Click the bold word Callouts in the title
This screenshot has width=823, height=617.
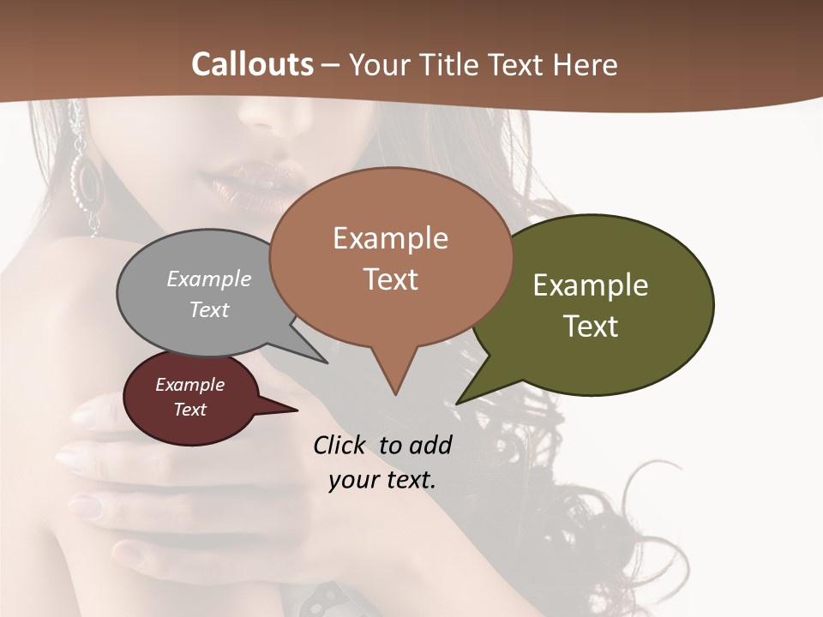tap(252, 64)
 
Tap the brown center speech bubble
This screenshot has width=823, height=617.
tap(390, 257)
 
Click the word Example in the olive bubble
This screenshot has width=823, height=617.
tap(591, 285)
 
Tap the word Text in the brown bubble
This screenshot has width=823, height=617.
tap(390, 279)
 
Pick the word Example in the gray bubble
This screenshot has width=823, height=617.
tap(209, 279)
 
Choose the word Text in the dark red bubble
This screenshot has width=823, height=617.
tap(190, 410)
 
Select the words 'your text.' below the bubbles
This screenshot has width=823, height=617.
tap(382, 480)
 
